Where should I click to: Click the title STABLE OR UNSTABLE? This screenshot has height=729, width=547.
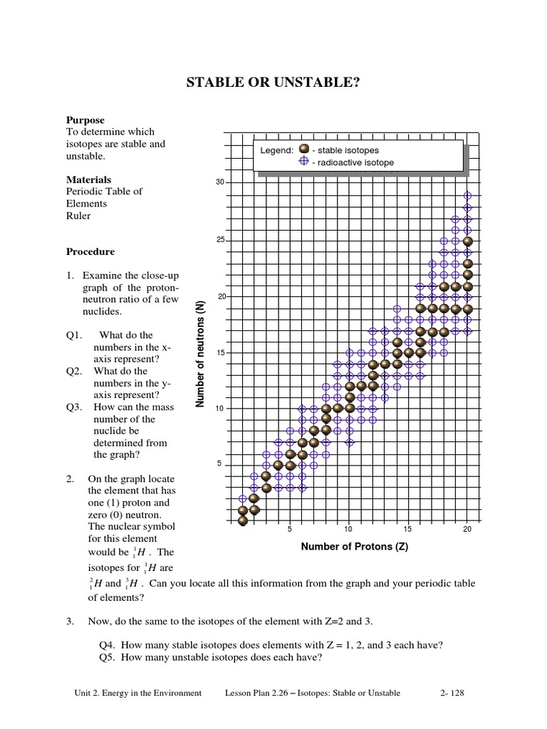pos(273,83)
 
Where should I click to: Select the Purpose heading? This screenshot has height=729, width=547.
pos(85,120)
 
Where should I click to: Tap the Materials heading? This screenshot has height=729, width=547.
pos(88,179)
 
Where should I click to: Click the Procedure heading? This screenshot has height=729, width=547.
pos(90,251)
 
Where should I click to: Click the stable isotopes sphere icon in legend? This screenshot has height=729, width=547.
pos(303,150)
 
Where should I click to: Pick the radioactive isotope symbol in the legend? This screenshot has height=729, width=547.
pos(303,162)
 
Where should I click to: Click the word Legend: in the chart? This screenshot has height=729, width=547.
pos(276,151)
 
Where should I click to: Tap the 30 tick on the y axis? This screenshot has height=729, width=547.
pos(220,183)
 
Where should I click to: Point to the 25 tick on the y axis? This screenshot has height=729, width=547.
pos(220,240)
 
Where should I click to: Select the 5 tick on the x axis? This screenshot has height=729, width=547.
pos(289,530)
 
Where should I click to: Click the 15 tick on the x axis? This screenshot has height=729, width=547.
pos(407,530)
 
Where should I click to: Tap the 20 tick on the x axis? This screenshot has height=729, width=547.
pos(467,530)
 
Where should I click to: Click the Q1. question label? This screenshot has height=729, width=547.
pos(75,335)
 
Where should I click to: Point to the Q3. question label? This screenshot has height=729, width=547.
pos(75,407)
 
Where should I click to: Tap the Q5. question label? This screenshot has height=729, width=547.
pos(108,658)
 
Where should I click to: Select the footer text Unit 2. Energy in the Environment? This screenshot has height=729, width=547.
pos(137,693)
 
